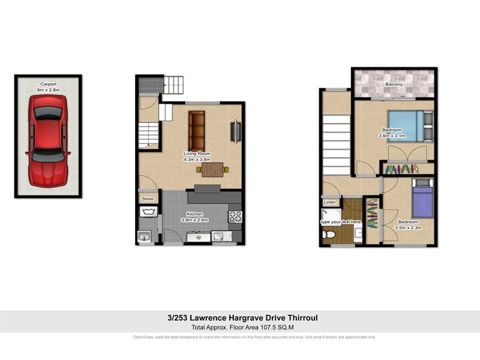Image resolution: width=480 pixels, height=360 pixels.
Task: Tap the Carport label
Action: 48,85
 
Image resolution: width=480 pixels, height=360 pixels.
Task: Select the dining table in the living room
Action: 212,170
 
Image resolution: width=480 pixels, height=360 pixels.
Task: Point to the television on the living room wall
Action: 236,132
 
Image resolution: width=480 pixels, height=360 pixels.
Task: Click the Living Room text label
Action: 196,154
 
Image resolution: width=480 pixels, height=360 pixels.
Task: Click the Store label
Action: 148,199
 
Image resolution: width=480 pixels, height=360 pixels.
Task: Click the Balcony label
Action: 394,85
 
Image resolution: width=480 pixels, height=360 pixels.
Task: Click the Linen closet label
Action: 330,203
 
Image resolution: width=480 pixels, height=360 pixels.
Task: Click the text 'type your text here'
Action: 341,222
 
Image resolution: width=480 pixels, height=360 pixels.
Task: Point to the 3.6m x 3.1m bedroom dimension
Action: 392,136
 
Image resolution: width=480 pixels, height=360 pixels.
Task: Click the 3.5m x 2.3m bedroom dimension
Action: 410,228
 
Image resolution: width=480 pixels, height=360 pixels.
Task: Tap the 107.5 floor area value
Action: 260,327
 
